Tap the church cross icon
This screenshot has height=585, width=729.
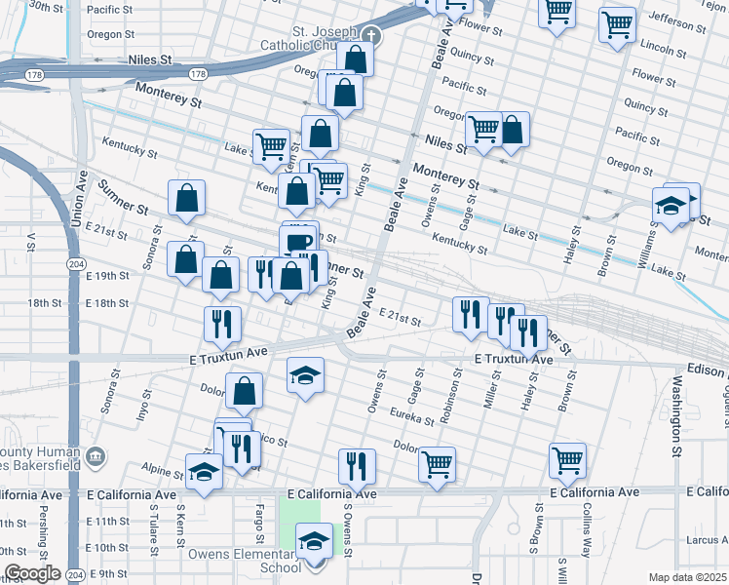click(369, 37)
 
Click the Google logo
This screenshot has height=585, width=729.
click(32, 573)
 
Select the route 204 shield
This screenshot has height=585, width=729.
click(74, 264)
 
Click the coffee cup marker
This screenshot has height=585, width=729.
click(298, 242)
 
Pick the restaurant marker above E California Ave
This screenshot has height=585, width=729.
click(358, 467)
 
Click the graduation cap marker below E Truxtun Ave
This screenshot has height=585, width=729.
click(305, 376)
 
